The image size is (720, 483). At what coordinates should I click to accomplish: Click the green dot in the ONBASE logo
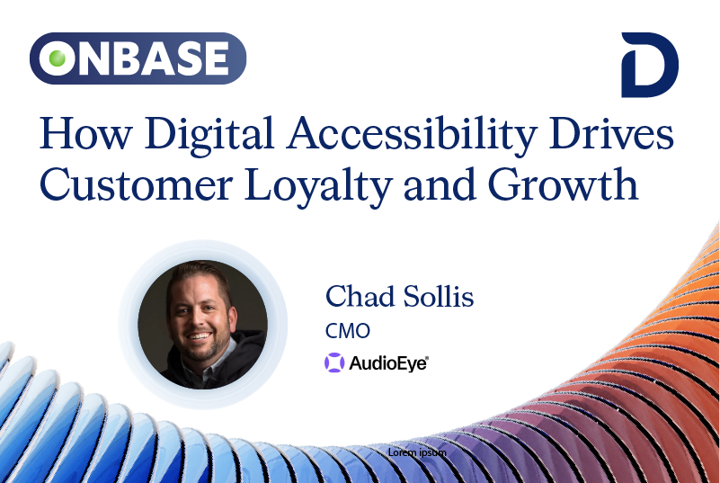[58, 58]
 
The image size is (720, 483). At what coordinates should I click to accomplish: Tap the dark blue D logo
[649, 65]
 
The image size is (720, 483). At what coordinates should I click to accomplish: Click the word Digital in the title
[209, 135]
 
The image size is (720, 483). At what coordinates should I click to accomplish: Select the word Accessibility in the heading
[412, 135]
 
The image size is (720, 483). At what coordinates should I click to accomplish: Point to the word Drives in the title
[611, 133]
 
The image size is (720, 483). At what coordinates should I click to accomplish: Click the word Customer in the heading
[137, 184]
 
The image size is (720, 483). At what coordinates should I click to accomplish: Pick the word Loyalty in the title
[318, 187]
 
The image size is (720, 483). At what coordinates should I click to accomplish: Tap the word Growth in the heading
[563, 183]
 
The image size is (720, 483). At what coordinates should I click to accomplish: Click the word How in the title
[86, 133]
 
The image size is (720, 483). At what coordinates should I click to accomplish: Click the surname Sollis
[439, 297]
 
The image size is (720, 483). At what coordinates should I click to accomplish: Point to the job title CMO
[348, 331]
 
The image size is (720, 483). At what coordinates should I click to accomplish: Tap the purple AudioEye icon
[334, 362]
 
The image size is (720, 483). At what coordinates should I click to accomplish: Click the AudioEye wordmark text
[388, 363]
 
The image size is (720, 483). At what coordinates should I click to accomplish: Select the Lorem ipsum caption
[417, 452]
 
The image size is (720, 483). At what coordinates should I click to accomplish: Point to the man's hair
[199, 277]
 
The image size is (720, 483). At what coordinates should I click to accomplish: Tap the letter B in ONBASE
[130, 58]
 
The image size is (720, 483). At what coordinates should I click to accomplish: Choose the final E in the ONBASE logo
[216, 58]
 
